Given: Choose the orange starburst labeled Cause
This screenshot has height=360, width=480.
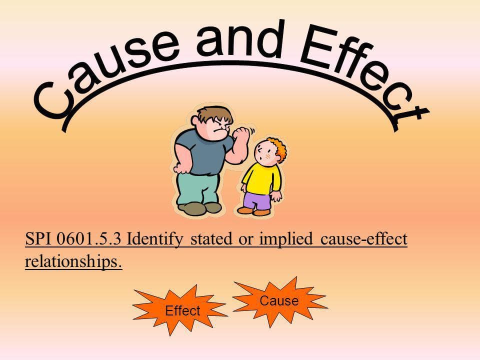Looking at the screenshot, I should pyautogui.click(x=279, y=300).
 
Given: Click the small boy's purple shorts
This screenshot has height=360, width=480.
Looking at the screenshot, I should pyautogui.click(x=257, y=200).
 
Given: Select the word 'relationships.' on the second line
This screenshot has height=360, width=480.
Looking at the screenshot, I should pyautogui.click(x=73, y=261).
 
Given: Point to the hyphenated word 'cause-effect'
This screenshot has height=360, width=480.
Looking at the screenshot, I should pyautogui.click(x=363, y=239).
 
